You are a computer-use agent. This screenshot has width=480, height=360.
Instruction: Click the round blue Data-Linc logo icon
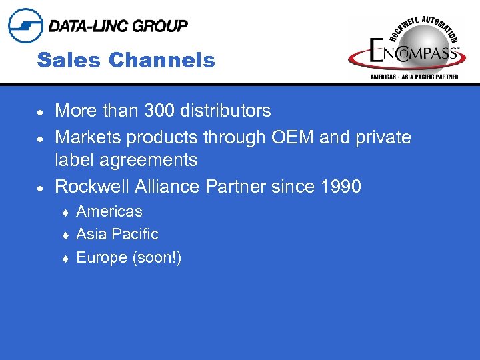(x=25, y=26)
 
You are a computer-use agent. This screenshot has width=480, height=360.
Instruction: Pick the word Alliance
(x=170, y=186)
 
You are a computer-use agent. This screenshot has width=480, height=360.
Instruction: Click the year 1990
(x=340, y=186)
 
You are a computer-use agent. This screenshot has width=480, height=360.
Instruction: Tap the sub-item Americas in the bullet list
(x=109, y=211)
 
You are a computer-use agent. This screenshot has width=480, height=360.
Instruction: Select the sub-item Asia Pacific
(x=117, y=234)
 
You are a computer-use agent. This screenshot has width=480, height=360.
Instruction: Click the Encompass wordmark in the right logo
(x=413, y=53)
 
